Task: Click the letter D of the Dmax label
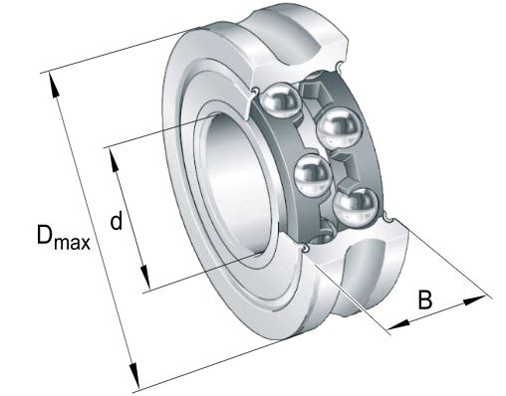pyautogui.click(x=45, y=234)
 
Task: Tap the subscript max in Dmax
pyautogui.click(x=72, y=243)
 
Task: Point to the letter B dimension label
pyautogui.click(x=424, y=299)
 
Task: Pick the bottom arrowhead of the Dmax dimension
pyautogui.click(x=133, y=376)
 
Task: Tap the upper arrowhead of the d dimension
pyautogui.click(x=115, y=160)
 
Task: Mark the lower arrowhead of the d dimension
pyautogui.click(x=144, y=276)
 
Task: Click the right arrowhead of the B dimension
pyautogui.click(x=474, y=300)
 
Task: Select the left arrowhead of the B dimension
pyautogui.click(x=398, y=324)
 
